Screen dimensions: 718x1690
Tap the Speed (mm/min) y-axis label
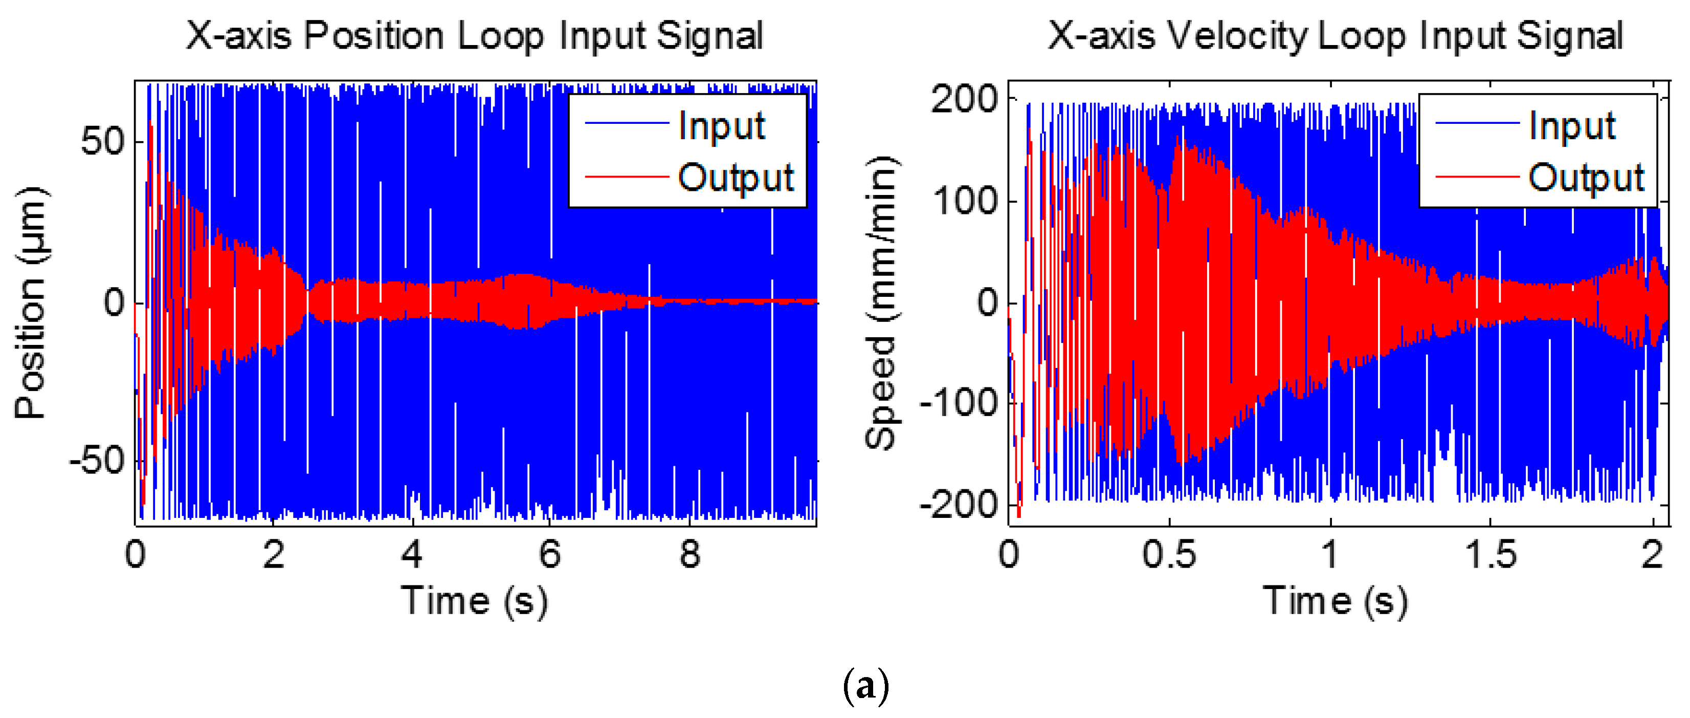coord(881,303)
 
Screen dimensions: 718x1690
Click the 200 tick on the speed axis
coord(964,100)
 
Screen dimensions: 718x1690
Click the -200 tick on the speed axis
coord(959,505)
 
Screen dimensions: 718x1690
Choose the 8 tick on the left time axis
coord(690,555)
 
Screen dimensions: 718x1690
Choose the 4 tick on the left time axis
coord(412,555)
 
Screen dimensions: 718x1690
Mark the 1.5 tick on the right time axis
coord(1491,555)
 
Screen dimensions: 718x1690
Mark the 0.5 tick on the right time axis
coord(1169,555)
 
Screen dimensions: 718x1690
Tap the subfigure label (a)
coord(865,686)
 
